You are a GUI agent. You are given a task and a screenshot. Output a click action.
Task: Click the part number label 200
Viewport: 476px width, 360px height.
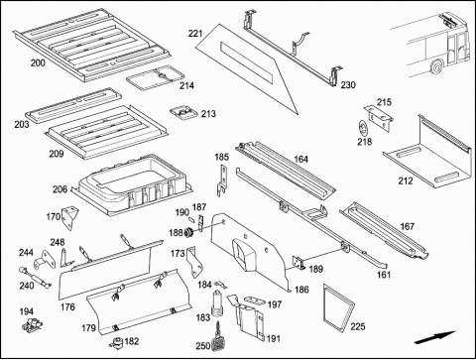(38, 62)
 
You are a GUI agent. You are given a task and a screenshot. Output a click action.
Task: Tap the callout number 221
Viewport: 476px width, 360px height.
(195, 34)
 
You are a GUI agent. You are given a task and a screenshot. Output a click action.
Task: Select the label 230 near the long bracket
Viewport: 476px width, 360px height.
(348, 85)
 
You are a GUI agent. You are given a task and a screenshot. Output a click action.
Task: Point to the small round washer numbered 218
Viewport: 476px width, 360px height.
(363, 128)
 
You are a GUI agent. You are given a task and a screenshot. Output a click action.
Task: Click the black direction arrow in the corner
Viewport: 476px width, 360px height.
(435, 337)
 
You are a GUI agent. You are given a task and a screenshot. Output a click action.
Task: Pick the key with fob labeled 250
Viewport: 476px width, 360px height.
(218, 338)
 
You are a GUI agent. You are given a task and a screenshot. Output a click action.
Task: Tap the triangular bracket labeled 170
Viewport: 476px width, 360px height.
(69, 217)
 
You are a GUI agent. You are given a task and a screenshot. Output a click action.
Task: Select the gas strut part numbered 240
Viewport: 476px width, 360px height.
(35, 277)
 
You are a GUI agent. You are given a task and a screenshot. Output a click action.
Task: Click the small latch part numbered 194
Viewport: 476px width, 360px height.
(32, 324)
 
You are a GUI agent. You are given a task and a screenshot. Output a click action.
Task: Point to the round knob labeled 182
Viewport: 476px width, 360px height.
(116, 342)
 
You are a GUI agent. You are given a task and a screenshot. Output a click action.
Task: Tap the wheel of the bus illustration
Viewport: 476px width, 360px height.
(437, 66)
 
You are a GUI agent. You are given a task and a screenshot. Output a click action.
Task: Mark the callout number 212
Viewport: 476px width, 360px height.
(406, 180)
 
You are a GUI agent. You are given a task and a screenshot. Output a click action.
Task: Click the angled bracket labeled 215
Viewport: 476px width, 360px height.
(379, 117)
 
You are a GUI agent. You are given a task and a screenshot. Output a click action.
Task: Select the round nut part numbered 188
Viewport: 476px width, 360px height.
(189, 233)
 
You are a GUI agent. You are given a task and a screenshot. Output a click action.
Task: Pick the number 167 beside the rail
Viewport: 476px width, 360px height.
(407, 226)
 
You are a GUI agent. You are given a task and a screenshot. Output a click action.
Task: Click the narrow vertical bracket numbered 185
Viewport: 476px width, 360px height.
(223, 180)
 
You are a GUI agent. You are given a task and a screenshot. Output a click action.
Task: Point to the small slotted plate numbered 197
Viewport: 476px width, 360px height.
(255, 300)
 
